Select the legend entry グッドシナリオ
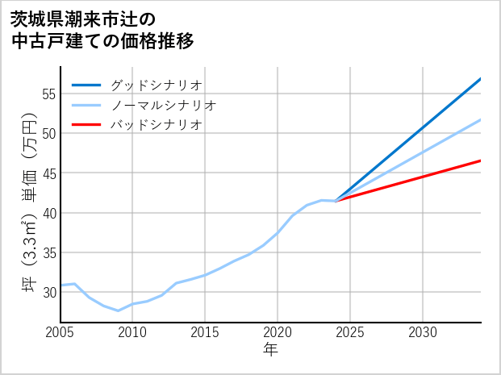[x=156, y=85]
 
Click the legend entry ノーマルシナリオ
[x=163, y=105]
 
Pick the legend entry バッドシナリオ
[x=156, y=125]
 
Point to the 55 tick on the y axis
[x=48, y=94]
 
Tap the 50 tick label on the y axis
[x=48, y=133]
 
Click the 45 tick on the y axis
[x=48, y=173]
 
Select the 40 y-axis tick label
[x=48, y=213]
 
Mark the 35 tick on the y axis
[x=48, y=252]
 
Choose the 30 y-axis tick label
[x=48, y=292]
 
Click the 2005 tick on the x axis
[x=60, y=332]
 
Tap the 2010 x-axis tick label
[x=132, y=332]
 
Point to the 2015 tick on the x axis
[x=205, y=332]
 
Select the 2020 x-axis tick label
[x=278, y=332]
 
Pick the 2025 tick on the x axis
[x=350, y=332]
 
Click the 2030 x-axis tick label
[x=423, y=332]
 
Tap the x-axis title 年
[x=270, y=350]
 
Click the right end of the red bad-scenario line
[x=481, y=160]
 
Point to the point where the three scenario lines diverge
[x=336, y=200]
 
